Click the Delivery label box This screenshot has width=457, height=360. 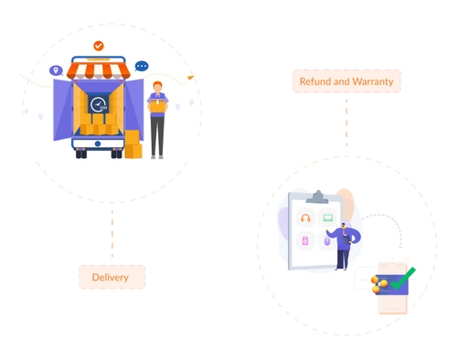pos(112,277)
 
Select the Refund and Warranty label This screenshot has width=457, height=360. pos(346,81)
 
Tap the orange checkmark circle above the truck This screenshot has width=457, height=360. pos(99,46)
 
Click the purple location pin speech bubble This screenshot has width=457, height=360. pos(56,69)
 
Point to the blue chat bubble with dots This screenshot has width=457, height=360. pos(142,66)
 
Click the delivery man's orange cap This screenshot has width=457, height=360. pos(157,84)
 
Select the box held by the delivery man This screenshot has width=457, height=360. pos(157,106)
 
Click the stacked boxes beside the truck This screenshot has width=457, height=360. pos(133,144)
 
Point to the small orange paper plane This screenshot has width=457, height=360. pos(191,78)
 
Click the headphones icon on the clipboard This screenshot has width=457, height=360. pos(305,219)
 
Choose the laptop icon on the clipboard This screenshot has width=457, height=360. pos(327,218)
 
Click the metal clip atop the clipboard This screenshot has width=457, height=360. pos(316,196)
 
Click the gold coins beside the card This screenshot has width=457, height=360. pos(377,284)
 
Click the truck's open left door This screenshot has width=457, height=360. pos(63,110)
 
